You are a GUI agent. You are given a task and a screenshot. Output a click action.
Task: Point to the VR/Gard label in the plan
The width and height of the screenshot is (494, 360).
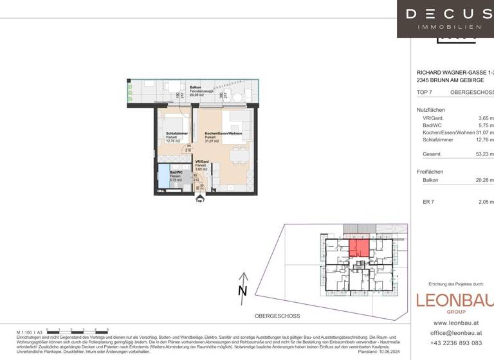[x=202, y=162]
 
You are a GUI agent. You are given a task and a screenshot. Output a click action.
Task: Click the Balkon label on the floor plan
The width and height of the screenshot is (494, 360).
[x=196, y=87]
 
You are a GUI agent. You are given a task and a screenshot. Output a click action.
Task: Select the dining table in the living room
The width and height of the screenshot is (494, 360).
[x=239, y=155]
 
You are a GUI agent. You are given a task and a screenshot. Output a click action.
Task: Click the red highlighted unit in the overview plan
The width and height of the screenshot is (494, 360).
[x=358, y=248]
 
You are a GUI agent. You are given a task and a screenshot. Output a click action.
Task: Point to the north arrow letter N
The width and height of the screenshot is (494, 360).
[x=242, y=291]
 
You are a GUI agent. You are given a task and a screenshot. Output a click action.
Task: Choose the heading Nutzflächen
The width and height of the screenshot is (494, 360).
[x=430, y=110]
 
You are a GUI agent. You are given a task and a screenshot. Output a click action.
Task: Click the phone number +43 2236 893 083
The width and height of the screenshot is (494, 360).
[x=454, y=343]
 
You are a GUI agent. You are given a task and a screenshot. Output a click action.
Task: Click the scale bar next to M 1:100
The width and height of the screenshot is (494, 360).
[x=77, y=330]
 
